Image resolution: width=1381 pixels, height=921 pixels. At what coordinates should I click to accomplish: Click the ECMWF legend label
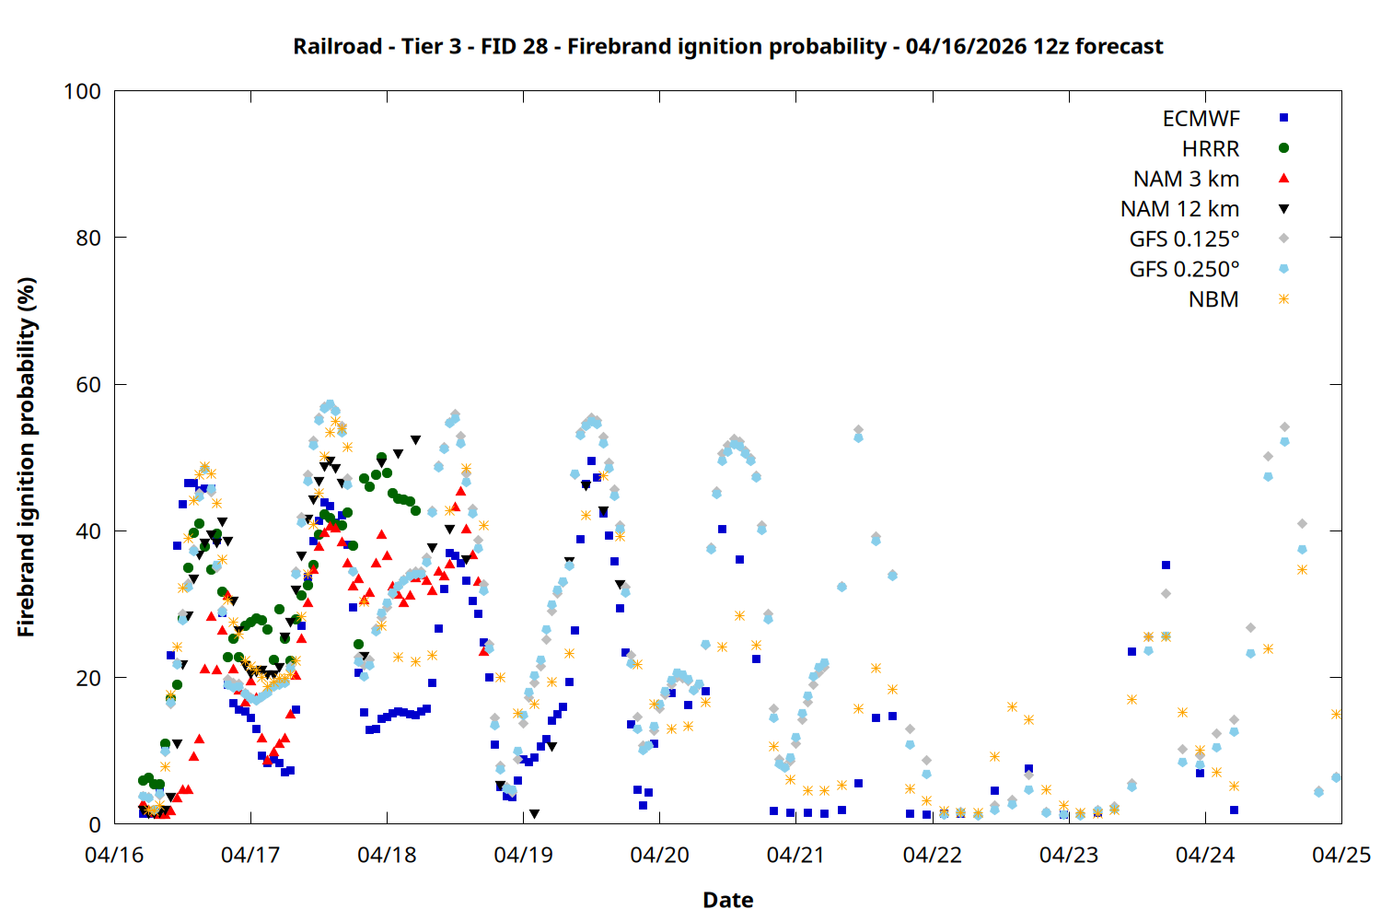click(x=1201, y=119)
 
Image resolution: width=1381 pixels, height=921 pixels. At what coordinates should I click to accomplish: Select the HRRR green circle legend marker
click(x=1283, y=148)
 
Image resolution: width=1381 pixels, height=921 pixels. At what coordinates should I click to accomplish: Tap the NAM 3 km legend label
click(x=1186, y=179)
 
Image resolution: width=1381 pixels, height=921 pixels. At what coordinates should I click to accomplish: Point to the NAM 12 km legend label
click(x=1179, y=209)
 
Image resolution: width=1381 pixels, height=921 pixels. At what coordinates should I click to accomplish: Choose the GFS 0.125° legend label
click(x=1184, y=239)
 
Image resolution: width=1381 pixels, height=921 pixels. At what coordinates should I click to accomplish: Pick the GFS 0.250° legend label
click(x=1184, y=269)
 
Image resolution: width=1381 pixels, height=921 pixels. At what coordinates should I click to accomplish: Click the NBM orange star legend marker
click(x=1283, y=299)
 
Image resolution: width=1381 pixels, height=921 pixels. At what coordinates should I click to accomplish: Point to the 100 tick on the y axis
click(x=82, y=91)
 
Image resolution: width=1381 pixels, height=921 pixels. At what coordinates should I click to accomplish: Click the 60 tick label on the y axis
click(x=88, y=384)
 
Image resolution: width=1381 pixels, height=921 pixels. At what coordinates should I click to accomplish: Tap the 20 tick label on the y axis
click(x=88, y=678)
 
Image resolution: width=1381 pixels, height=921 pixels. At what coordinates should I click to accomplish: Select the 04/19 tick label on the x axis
click(x=523, y=855)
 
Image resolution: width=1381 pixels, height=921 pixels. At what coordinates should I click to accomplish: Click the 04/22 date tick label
click(x=932, y=855)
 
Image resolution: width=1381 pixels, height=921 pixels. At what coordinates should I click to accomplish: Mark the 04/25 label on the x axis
click(x=1340, y=855)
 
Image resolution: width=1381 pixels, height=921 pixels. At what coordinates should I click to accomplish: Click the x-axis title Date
click(x=727, y=900)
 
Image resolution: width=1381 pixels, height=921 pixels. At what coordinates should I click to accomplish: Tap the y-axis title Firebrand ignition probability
click(x=26, y=457)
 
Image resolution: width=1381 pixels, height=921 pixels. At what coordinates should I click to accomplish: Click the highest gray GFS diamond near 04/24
click(x=1284, y=427)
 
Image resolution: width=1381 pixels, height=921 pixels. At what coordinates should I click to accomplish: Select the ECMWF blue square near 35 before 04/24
click(x=1166, y=565)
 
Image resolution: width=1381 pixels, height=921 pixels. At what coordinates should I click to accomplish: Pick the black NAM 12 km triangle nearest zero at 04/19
click(x=534, y=814)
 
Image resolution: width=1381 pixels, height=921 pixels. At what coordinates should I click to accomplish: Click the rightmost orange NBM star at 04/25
click(x=1336, y=714)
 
